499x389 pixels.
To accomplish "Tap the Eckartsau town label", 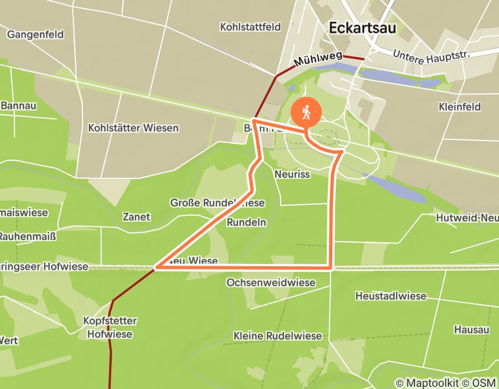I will pos(363,28).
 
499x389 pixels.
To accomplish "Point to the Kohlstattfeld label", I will pos(250,27).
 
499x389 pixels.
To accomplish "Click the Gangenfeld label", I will pos(35,34).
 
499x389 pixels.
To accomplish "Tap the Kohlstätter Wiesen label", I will pos(133,128).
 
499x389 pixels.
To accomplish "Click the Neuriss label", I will pos(292,174).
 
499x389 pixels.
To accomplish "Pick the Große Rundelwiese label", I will pos(217,203).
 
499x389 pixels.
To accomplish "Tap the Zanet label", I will pos(136,217).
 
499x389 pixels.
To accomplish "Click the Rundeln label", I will pos(247,222).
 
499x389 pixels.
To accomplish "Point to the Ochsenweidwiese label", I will pos(271,283).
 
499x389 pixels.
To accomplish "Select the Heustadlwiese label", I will pos(391,296).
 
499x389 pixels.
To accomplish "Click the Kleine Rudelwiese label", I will pos(277,336).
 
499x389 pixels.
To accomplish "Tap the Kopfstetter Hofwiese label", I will pos(109,328).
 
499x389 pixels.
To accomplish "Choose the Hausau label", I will pos(471,330).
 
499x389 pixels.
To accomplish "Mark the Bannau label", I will pos(18,106).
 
